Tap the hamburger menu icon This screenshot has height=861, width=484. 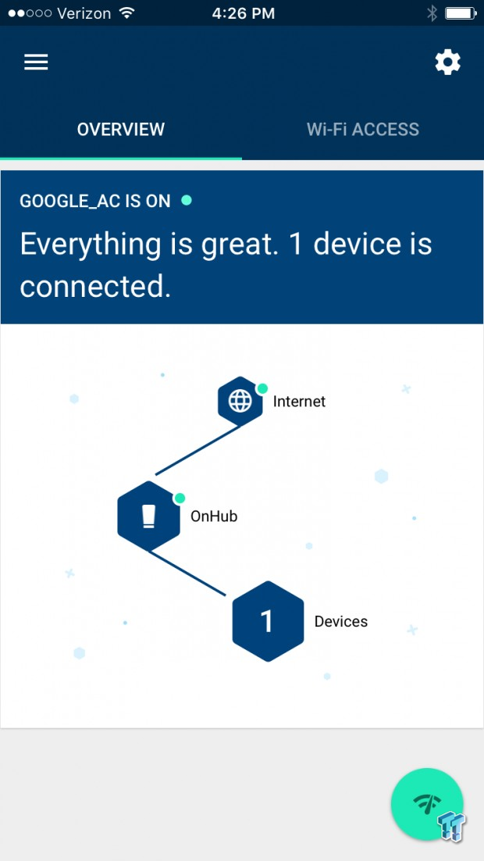pos(36,62)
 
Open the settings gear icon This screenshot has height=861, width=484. pos(448,62)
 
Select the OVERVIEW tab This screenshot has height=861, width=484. pos(121,130)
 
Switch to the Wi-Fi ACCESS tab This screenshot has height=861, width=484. pos(363,130)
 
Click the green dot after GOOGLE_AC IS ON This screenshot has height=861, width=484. pos(187,201)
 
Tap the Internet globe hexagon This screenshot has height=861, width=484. pos(240,402)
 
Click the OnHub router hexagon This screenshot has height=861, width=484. pos(148,516)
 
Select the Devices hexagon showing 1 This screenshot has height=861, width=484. pos(268,621)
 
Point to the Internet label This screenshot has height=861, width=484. pos(299,402)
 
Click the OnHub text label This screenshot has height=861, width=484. pos(214,516)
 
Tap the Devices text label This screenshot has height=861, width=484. pos(341,622)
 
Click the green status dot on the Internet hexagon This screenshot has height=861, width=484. pos(262,388)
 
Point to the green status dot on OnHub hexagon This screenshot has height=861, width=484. pos(179,498)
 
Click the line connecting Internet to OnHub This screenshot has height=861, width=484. pos(198,450)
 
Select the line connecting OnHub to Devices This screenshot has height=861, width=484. pos(187,573)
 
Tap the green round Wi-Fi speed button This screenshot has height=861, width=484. pos(427,804)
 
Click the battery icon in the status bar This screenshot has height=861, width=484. pos(460,13)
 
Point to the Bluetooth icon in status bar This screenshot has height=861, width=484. pos(432,13)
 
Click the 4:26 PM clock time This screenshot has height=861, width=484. pos(243,13)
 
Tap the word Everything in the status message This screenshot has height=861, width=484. pos(91,245)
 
